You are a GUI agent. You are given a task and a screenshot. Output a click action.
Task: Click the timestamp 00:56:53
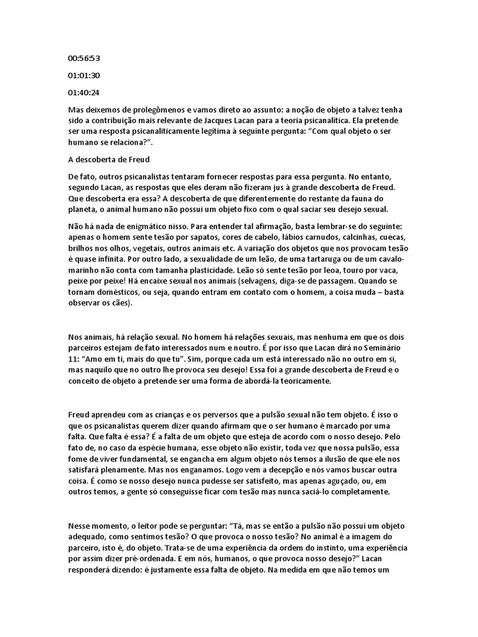[84, 58]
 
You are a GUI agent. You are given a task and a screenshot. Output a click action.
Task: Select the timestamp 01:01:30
[84, 75]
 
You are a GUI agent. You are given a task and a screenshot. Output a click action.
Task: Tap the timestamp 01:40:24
[84, 92]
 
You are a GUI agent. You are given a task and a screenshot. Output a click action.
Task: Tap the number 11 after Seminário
[73, 358]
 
